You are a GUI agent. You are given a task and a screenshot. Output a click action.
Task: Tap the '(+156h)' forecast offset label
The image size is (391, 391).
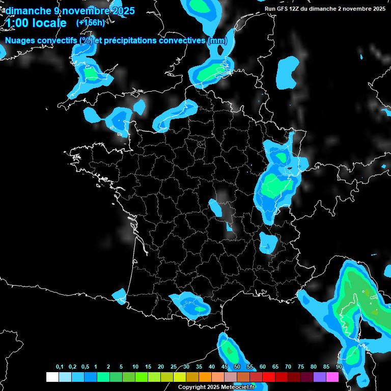91,22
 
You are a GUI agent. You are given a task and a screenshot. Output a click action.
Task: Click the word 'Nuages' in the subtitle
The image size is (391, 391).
20,41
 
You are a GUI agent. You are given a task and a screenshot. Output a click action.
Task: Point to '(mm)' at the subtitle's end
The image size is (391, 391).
216,41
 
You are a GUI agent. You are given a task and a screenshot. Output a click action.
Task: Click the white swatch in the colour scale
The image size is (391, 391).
52,377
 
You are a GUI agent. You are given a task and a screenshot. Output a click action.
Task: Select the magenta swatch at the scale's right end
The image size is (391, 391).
332,377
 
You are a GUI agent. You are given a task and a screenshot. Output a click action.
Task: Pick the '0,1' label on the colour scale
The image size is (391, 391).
60,367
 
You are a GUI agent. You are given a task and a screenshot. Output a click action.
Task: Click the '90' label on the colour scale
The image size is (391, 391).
339,367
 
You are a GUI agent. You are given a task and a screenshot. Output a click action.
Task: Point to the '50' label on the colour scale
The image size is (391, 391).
237,367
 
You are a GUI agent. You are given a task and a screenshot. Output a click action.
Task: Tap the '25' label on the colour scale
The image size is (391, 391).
174,367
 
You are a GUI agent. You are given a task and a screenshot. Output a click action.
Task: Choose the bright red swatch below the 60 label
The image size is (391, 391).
269,377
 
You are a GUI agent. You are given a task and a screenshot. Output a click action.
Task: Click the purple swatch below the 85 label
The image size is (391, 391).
320,377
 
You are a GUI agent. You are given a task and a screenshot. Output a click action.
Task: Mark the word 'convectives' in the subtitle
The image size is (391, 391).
183,41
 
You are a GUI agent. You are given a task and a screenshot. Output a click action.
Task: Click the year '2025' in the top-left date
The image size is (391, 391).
123,11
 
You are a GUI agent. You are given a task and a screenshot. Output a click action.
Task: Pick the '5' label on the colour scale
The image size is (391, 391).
121,367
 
